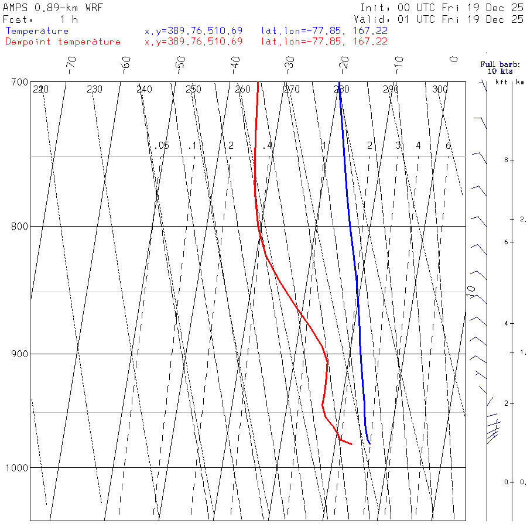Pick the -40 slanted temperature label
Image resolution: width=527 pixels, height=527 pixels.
(x=235, y=61)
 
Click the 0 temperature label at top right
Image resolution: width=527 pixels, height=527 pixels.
(x=454, y=59)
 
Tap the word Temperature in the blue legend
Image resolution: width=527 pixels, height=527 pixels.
(x=37, y=31)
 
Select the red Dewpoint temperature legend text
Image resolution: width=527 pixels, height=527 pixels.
(x=63, y=42)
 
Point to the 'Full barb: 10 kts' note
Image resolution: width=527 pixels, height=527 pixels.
(x=496, y=67)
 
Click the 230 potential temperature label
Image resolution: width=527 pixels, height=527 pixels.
(x=94, y=90)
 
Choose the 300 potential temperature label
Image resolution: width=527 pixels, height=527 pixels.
(x=440, y=90)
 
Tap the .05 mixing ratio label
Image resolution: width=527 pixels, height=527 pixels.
(x=162, y=145)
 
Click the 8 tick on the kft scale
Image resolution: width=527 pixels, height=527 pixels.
(x=497, y=160)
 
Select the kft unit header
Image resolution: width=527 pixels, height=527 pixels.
(x=501, y=82)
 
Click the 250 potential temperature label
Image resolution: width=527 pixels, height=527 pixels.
(x=193, y=90)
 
